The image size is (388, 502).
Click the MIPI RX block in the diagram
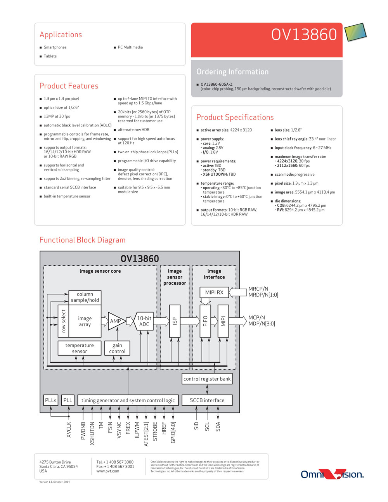click(214, 292)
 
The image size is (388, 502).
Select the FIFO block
click(205, 321)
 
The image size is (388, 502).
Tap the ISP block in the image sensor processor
click(175, 321)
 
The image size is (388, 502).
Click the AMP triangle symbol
click(116, 321)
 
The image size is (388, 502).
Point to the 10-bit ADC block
click(144, 321)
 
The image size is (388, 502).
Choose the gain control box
click(117, 348)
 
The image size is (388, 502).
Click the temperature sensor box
click(80, 348)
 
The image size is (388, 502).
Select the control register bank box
click(207, 379)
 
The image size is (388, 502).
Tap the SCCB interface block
click(207, 400)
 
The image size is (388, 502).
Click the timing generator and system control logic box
click(128, 400)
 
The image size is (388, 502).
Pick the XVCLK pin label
click(69, 430)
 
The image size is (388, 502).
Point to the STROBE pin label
click(155, 431)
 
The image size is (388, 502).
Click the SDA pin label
click(218, 427)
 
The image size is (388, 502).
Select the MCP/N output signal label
click(256, 317)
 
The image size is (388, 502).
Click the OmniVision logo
click(332, 474)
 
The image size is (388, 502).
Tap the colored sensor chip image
click(355, 32)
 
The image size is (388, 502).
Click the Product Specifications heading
click(235, 118)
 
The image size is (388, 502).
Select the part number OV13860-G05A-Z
click(217, 84)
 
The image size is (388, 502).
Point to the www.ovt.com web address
click(107, 471)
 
